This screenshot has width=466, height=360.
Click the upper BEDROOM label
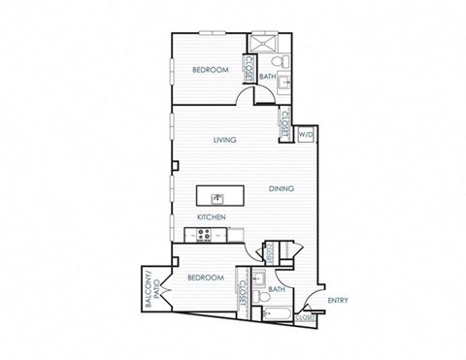(x=209, y=70)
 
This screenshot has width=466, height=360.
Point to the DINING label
(x=282, y=188)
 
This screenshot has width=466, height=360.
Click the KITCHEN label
(x=212, y=217)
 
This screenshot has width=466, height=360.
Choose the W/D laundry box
(x=304, y=135)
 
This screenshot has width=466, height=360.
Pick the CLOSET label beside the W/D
(x=285, y=124)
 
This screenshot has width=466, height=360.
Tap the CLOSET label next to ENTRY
(x=306, y=316)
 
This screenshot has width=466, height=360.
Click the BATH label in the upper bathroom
(x=269, y=76)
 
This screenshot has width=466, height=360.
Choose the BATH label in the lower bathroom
(x=276, y=288)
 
